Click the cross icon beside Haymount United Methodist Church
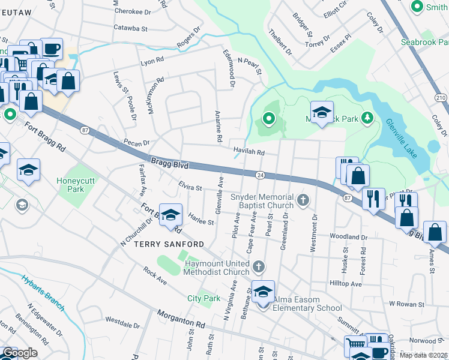pyautogui.click(x=258, y=265)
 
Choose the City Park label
pyautogui.click(x=203, y=298)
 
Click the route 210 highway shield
pyautogui.click(x=440, y=97)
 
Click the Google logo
pyautogui.click(x=20, y=353)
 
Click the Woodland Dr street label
pyautogui.click(x=348, y=238)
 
